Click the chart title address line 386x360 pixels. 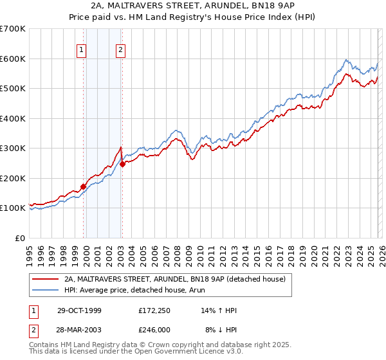click(x=193, y=6)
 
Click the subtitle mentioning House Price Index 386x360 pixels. click(x=193, y=17)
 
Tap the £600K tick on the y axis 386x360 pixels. click(x=13, y=59)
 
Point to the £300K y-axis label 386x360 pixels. click(x=13, y=148)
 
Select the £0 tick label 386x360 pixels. click(x=21, y=238)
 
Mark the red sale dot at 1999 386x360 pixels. click(x=83, y=186)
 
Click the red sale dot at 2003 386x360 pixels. click(x=122, y=165)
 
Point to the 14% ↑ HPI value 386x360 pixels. click(x=219, y=310)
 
